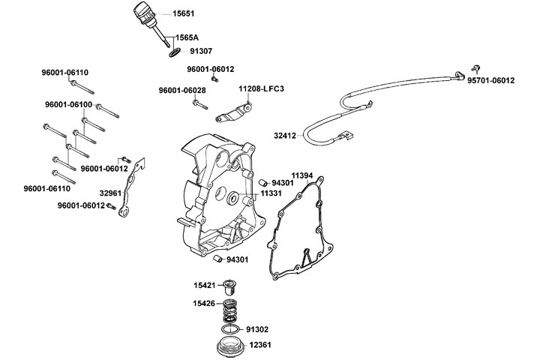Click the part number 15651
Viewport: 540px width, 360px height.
(184, 13)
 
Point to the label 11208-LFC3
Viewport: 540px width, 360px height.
(261, 89)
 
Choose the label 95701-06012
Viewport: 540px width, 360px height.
(490, 80)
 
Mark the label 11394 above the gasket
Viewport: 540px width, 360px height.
(302, 175)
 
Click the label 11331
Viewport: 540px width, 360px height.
(271, 193)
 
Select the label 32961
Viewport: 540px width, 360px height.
(111, 193)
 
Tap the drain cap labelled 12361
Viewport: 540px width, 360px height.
(229, 346)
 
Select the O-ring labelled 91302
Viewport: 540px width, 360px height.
(232, 329)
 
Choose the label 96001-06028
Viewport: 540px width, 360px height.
(182, 91)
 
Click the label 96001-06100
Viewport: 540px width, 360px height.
(68, 104)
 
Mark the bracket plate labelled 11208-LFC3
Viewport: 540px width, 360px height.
(232, 114)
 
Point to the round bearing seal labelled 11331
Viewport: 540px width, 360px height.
(232, 199)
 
